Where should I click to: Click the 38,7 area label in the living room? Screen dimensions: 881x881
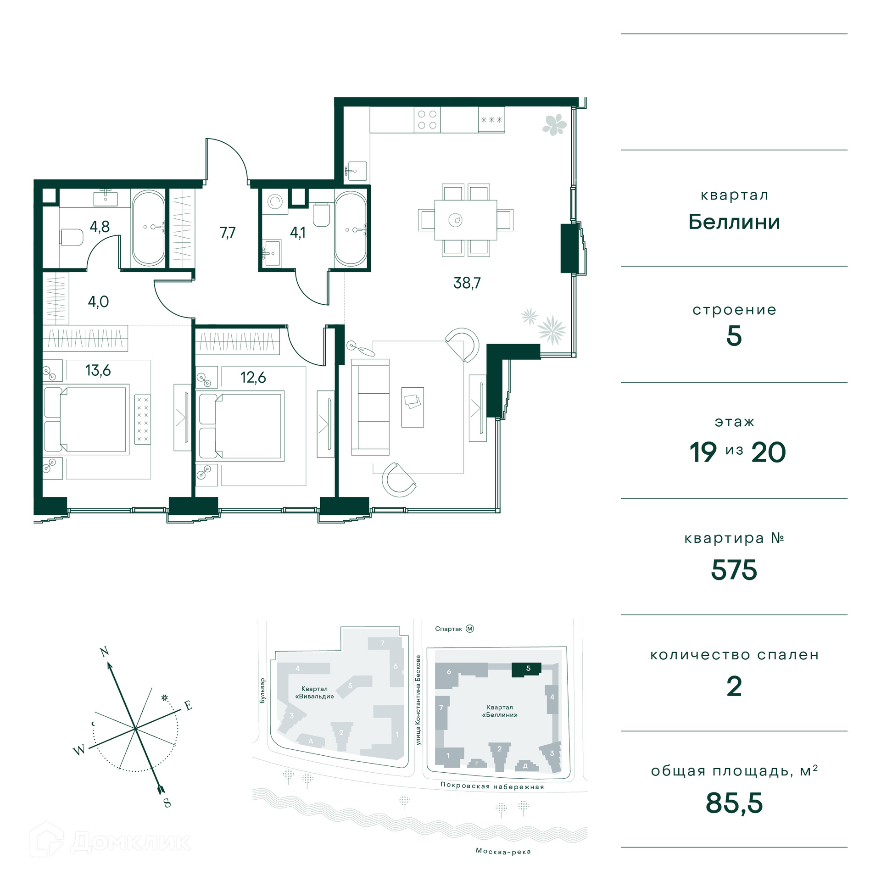(x=467, y=283)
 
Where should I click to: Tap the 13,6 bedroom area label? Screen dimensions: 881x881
(x=98, y=370)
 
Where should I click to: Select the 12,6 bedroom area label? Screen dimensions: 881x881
(x=253, y=377)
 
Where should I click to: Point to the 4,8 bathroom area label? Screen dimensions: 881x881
(x=100, y=226)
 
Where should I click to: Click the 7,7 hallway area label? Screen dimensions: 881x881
(x=228, y=233)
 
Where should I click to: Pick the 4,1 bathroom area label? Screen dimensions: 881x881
(x=297, y=233)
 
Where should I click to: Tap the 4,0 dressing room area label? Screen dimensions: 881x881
(x=98, y=301)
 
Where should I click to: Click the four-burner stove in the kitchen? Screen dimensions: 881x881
(x=427, y=120)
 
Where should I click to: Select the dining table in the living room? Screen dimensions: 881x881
(x=465, y=220)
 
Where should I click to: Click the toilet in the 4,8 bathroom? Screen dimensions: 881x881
(x=71, y=237)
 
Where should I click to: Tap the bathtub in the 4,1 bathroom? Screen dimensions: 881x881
(x=351, y=229)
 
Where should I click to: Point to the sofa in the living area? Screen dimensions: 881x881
(x=370, y=407)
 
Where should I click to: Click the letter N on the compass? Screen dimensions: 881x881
(x=105, y=652)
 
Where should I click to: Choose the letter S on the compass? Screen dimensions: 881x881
(x=167, y=803)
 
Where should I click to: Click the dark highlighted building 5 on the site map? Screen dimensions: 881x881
(x=527, y=669)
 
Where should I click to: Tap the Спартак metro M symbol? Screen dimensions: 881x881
(x=470, y=629)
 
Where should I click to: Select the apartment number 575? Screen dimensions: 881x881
(x=734, y=570)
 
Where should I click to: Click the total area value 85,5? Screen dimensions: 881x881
(x=734, y=803)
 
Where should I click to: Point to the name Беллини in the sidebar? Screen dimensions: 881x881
(x=734, y=222)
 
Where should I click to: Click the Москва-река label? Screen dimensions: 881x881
(x=503, y=851)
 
